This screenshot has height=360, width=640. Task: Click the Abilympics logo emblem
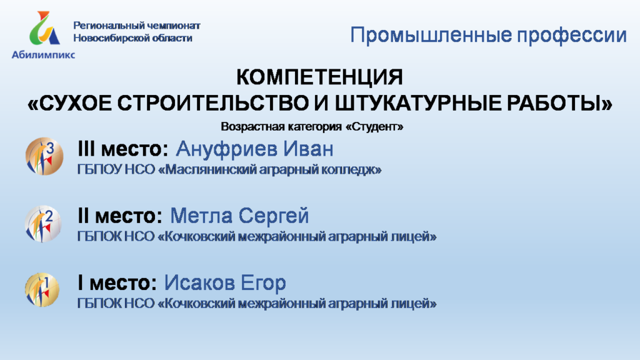click(x=44, y=28)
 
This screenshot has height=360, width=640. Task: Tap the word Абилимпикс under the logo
click(x=43, y=55)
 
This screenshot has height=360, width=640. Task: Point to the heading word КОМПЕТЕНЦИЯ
click(x=319, y=77)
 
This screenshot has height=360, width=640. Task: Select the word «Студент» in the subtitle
click(x=374, y=126)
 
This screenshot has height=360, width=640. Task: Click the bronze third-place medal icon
click(x=44, y=156)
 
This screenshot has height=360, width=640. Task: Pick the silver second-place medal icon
click(x=43, y=224)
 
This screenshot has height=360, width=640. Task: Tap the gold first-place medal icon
click(x=42, y=290)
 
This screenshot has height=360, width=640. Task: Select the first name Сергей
click(x=274, y=216)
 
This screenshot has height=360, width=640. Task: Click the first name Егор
click(x=263, y=283)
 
